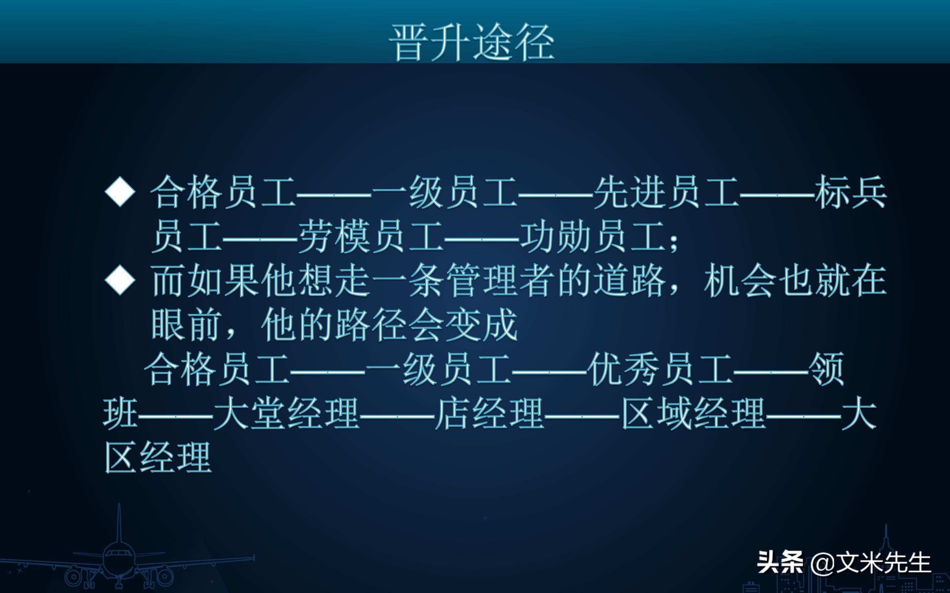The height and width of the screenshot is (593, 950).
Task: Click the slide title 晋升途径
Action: (x=471, y=42)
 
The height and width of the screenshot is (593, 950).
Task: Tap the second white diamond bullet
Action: (x=120, y=280)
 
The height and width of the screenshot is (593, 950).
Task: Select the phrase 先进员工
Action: (x=667, y=192)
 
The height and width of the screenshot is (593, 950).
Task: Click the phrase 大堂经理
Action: (x=287, y=413)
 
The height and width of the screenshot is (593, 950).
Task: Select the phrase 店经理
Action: (x=490, y=413)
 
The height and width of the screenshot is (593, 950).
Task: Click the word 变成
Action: (x=482, y=325)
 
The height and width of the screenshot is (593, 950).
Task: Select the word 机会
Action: (x=740, y=280)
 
